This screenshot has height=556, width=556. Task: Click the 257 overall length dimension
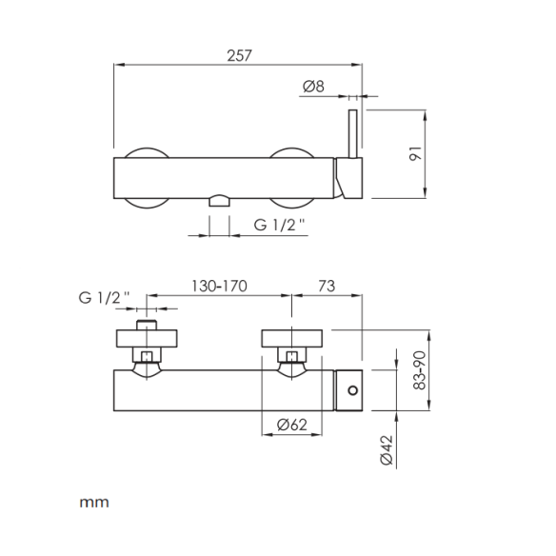[239, 55]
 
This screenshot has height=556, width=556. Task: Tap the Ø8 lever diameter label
[313, 87]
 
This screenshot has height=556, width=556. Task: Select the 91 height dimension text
[416, 153]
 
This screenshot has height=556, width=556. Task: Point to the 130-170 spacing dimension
[219, 286]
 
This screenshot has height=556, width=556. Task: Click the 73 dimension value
[327, 286]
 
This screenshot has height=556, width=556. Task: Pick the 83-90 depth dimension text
[420, 370]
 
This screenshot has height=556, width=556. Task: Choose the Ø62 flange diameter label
[292, 425]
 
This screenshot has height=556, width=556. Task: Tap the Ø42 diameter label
[387, 450]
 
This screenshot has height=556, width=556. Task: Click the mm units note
[94, 503]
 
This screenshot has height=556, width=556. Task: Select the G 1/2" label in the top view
[279, 225]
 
